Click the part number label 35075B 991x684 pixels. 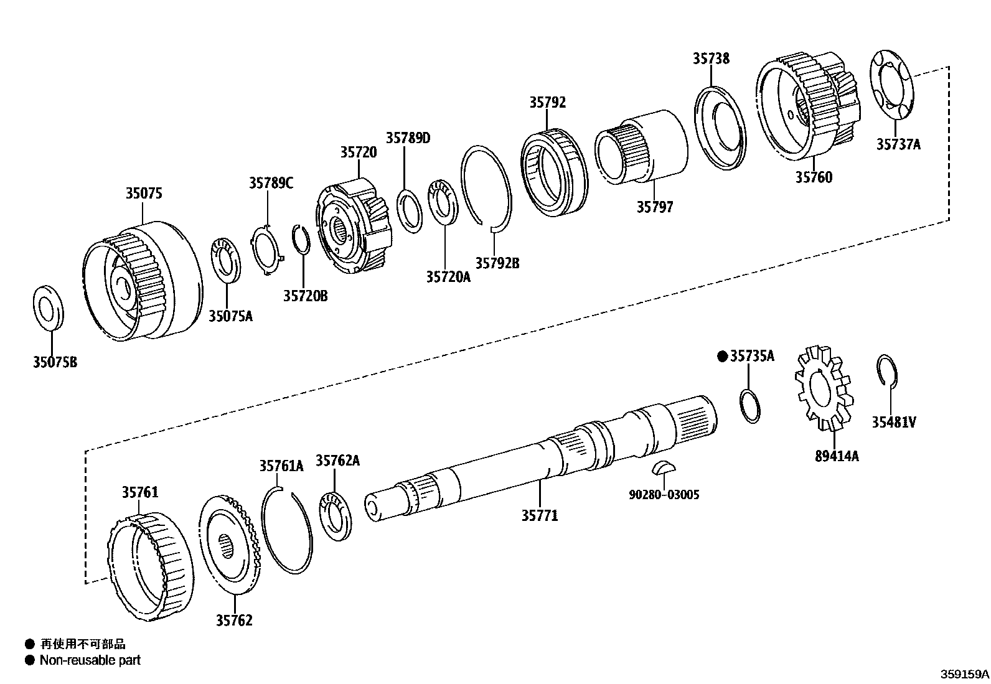click(x=55, y=362)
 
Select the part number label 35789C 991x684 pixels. click(x=271, y=182)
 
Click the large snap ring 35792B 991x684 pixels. click(x=486, y=187)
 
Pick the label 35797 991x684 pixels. click(x=654, y=207)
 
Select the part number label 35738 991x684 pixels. click(x=711, y=58)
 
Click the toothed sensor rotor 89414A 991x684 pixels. click(x=822, y=388)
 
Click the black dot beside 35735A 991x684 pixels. click(x=722, y=356)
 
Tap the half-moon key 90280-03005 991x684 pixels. click(x=663, y=467)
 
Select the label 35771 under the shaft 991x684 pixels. click(x=539, y=515)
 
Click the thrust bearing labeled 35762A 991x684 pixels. click(x=336, y=515)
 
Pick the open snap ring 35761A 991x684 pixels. click(x=286, y=529)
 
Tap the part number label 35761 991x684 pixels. click(x=139, y=492)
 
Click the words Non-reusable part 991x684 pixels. click(x=90, y=660)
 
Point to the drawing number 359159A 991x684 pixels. click(x=964, y=673)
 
